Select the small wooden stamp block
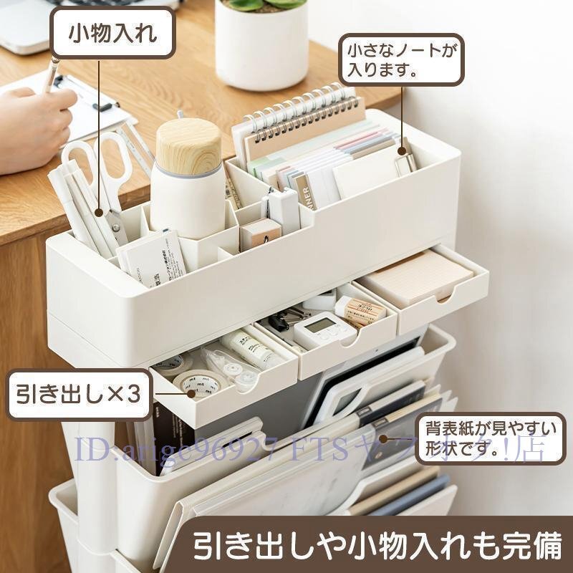pyautogui.click(x=259, y=233)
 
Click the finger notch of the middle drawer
pyautogui.click(x=350, y=343)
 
